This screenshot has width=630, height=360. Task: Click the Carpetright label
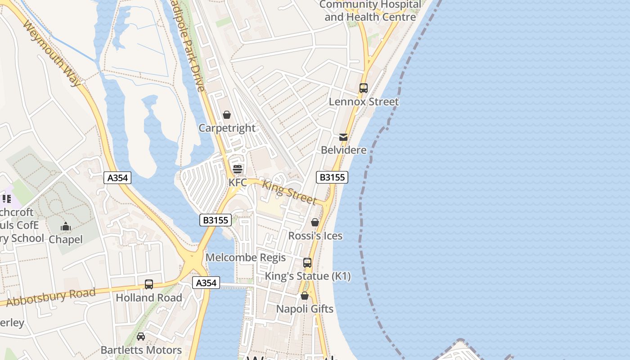227,128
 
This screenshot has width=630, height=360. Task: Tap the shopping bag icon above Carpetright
227,115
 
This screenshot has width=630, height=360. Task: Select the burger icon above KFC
237,169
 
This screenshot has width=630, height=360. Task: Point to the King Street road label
289,192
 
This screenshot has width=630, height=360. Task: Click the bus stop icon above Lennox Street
364,88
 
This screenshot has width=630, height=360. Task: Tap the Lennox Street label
364,102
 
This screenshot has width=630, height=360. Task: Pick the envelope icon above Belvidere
343,137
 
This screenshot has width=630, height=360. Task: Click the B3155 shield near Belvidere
332,177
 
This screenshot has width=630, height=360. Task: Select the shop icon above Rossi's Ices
315,222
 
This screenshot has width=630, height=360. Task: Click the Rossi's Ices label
315,236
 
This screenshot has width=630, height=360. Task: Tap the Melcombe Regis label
245,257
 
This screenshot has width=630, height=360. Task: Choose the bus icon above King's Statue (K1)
307,262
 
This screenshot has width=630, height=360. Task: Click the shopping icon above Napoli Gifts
305,296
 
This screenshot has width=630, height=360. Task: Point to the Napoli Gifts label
305,309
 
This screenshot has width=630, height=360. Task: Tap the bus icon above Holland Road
149,284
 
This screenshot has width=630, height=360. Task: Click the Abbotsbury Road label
50,297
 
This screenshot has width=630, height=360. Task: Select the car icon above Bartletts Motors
141,337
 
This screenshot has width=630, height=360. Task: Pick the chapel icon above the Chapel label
66,226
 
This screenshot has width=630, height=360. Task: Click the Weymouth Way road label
51,53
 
